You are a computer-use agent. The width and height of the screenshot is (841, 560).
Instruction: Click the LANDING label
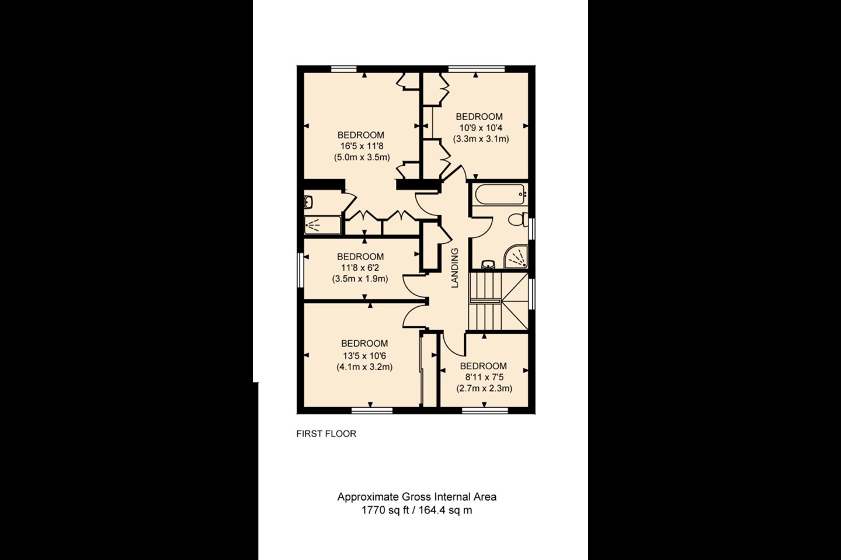click(456, 268)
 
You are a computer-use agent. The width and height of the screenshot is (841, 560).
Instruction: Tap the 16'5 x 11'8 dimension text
click(362, 146)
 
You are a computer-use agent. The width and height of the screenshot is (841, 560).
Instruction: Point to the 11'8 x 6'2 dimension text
click(360, 268)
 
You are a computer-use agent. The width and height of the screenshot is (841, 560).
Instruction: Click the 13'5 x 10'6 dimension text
click(364, 355)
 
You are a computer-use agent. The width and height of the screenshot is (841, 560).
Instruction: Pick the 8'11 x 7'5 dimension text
click(484, 377)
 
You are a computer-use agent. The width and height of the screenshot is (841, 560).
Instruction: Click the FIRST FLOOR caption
click(326, 434)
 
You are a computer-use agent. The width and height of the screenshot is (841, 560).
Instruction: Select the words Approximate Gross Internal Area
click(416, 497)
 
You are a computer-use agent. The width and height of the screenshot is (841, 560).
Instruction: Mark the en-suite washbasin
click(309, 202)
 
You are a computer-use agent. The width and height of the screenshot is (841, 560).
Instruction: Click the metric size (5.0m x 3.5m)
click(362, 157)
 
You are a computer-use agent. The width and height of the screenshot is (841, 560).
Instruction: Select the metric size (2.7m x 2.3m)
click(484, 388)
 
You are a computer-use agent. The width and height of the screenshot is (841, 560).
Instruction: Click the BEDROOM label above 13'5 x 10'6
click(364, 344)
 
